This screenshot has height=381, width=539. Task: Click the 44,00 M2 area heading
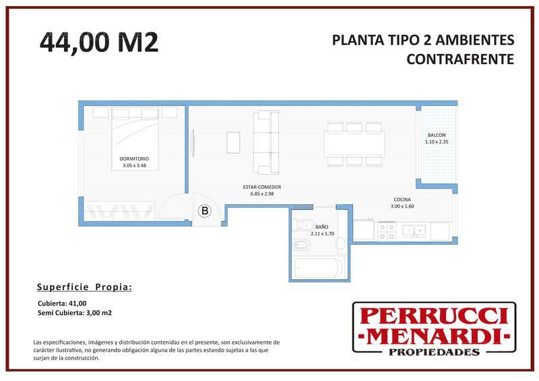99,42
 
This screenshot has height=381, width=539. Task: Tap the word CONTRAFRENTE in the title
460,59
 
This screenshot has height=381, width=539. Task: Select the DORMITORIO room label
134,159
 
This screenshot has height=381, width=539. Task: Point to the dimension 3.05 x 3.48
134,165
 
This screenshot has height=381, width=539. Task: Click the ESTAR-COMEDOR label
262,187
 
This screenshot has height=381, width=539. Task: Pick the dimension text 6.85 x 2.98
262,194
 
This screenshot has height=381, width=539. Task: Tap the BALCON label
437,136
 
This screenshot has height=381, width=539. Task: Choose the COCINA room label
402,200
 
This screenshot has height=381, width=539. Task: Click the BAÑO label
322,227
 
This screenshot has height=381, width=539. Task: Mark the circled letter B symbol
205,210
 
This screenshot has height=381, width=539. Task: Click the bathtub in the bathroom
319,268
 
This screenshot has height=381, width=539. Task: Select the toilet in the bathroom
303,225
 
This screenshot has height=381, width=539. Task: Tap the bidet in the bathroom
301,245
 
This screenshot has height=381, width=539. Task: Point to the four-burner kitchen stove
387,231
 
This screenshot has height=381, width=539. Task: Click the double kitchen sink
415,231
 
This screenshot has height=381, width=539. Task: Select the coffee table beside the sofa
233,142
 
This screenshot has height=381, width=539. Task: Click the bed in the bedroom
135,139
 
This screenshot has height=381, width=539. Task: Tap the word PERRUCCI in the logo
434,316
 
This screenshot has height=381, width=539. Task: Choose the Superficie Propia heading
84,287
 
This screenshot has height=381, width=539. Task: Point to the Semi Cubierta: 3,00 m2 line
75,313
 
